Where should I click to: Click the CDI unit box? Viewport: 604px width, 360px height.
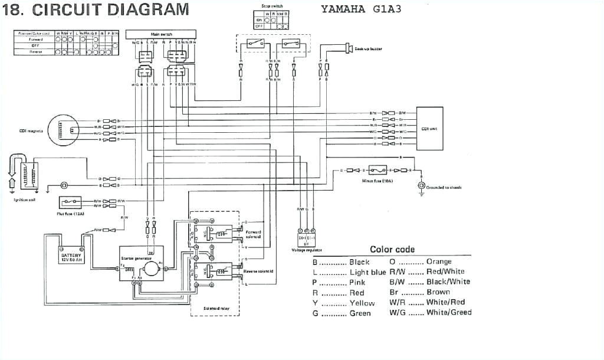coord(429,128)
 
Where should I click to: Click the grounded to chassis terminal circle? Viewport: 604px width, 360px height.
coord(421,186)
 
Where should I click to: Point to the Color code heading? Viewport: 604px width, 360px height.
coord(392,249)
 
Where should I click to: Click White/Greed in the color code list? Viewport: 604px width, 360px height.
coord(448,312)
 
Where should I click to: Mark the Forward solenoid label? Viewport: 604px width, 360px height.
coord(253,234)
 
